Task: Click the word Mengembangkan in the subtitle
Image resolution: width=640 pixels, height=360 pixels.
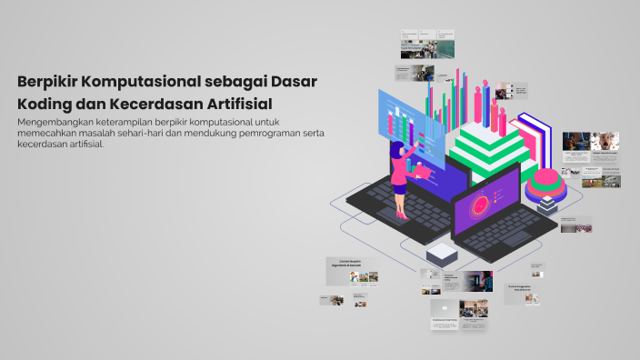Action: [57, 122]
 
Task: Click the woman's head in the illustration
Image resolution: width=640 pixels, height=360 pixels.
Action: [396, 146]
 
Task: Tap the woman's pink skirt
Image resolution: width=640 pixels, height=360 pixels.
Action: [399, 177]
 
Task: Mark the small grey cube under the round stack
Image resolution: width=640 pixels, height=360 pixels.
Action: [546, 206]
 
